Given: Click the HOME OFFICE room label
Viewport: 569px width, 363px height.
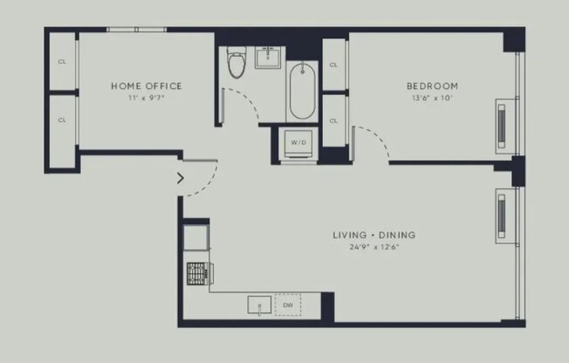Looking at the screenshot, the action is click(147, 86).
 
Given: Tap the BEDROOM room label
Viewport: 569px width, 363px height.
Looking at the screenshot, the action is click(432, 86).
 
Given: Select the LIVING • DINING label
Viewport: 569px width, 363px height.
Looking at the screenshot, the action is click(374, 235).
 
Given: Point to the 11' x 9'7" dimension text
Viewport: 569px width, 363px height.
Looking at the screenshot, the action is click(147, 98).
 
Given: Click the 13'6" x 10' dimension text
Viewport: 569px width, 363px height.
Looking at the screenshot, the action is click(432, 98).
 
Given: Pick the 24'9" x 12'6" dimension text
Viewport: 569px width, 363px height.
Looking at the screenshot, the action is click(374, 247).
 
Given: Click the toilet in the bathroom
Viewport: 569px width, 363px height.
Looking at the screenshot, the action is click(237, 62).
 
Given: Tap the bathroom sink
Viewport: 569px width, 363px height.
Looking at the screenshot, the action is click(268, 58).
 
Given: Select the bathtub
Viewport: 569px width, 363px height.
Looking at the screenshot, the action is click(302, 91).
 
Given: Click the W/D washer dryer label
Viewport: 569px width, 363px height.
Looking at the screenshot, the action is click(298, 142).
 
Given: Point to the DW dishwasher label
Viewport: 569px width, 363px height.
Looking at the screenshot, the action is click(288, 305).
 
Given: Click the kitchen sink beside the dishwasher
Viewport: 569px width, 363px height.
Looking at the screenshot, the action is click(259, 305).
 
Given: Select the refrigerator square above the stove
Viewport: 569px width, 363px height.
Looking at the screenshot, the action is click(195, 237).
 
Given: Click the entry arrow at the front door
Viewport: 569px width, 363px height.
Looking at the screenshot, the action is click(181, 178).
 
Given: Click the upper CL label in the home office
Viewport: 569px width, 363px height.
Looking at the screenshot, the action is click(62, 62).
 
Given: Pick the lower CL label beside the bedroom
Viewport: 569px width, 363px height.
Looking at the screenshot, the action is click(333, 121).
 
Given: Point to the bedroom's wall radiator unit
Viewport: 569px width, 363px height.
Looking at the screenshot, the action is click(502, 126).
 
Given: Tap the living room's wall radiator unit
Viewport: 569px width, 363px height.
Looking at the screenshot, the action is click(502, 216).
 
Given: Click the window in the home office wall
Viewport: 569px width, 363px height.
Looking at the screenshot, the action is click(136, 30).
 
